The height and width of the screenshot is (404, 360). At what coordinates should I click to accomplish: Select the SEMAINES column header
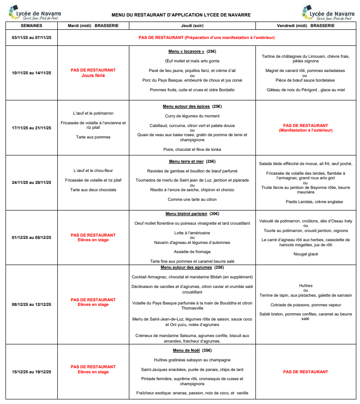32,26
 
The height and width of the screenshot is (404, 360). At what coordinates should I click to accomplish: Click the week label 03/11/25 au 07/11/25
32,38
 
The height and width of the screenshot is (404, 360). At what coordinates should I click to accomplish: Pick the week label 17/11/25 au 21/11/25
32,127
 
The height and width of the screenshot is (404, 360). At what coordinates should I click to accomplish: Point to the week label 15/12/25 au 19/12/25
32,372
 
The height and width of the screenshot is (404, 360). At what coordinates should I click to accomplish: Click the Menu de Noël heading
188,350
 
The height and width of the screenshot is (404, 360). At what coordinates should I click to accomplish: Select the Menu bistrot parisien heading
188,214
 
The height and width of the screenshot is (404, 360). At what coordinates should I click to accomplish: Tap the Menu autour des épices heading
186,106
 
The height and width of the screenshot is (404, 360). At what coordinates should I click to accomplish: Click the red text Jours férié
93,76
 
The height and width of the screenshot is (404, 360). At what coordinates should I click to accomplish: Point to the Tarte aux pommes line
93,137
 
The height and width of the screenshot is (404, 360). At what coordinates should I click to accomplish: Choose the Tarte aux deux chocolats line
93,189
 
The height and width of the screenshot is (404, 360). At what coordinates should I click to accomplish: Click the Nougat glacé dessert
305,254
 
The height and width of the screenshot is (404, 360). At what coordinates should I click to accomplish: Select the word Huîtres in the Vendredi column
305,285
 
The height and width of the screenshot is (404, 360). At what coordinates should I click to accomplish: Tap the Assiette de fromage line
192,252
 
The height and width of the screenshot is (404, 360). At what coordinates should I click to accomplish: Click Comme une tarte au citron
192,199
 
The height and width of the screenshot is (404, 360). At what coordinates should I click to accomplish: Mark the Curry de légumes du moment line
192,116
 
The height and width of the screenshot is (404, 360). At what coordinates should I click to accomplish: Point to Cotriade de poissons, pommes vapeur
305,304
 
